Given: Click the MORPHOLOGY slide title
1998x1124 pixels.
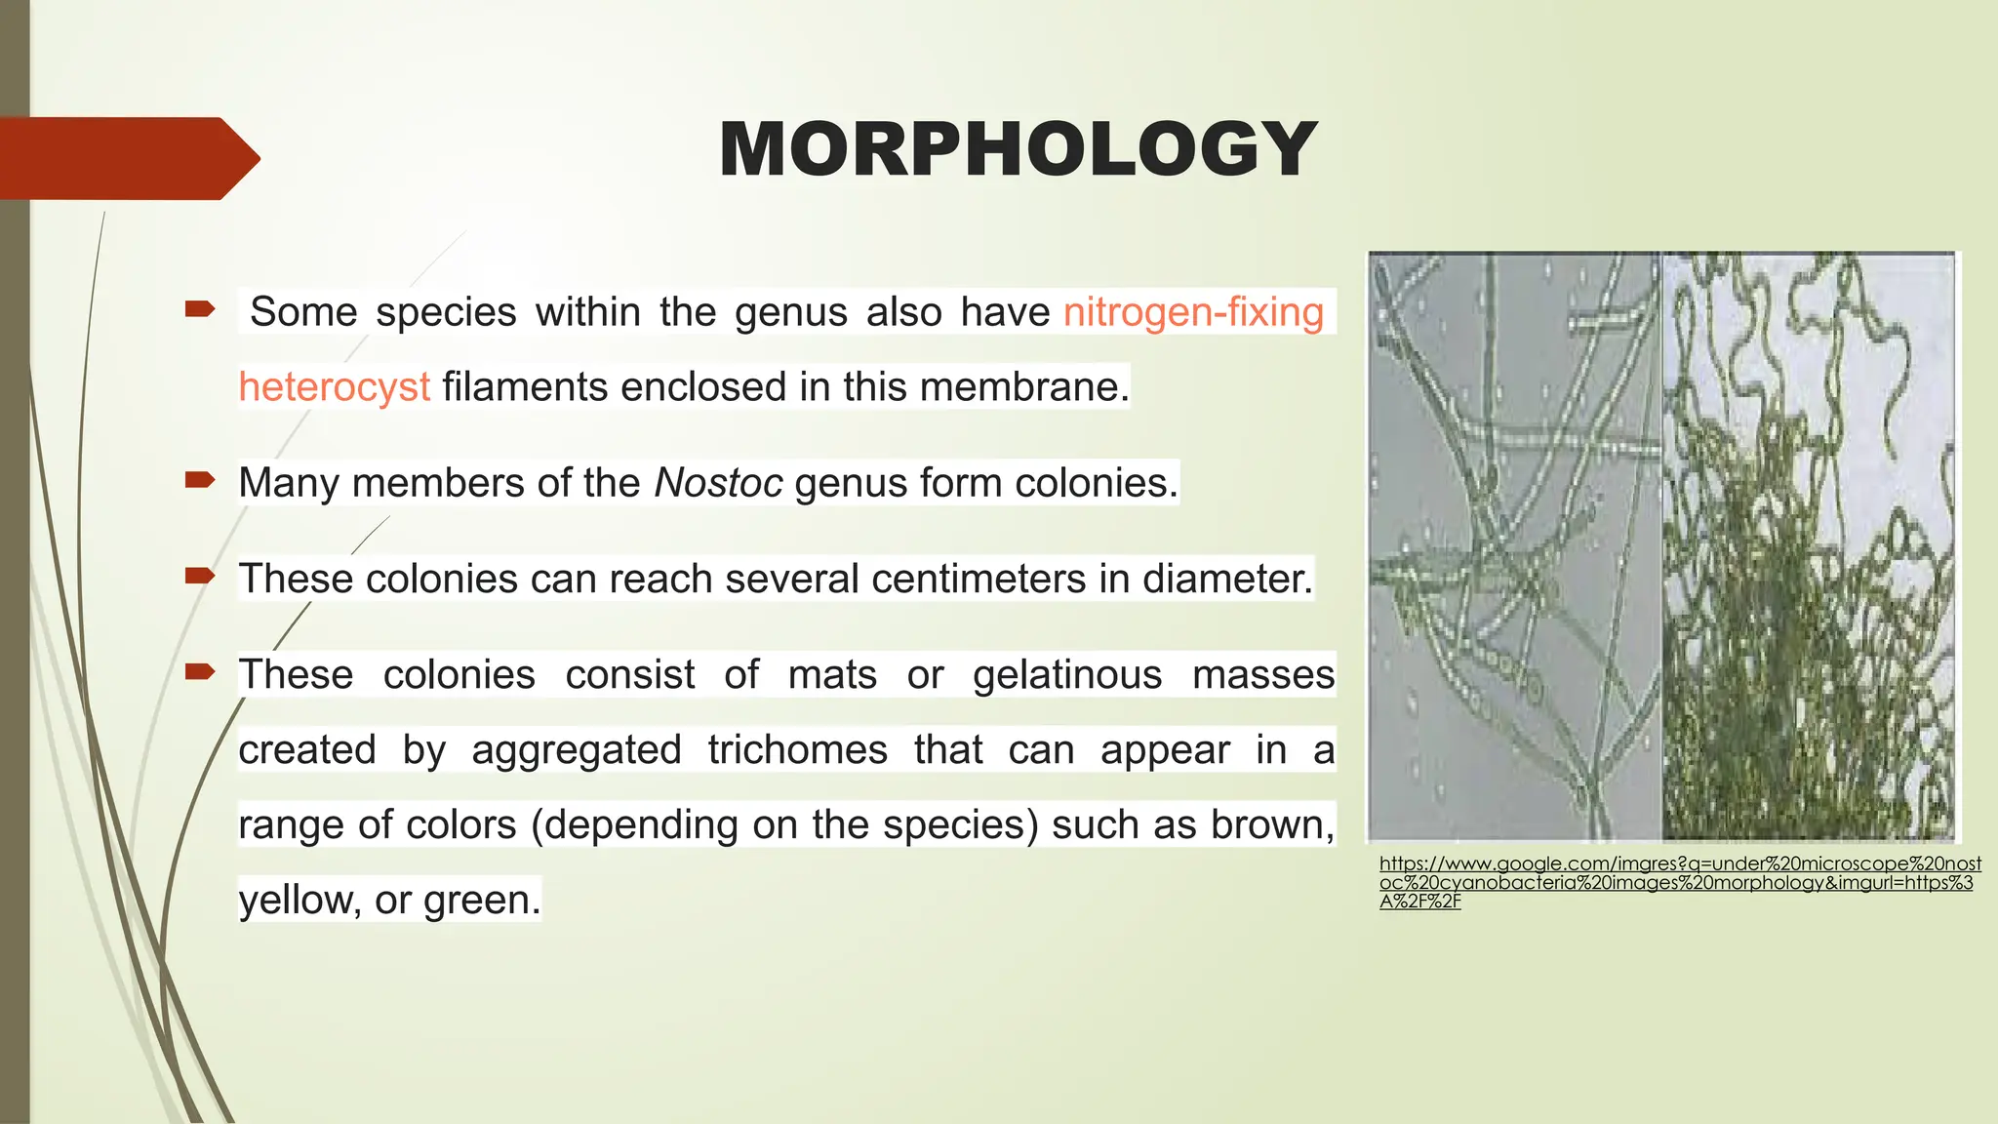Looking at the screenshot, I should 1018,149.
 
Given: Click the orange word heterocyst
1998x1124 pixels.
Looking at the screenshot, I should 334,387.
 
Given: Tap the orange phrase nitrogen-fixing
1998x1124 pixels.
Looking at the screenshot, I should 1193,312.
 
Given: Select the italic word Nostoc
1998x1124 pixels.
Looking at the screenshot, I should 717,483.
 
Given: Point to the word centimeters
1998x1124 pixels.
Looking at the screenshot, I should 979,579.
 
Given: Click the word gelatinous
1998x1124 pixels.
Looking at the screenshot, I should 1067,674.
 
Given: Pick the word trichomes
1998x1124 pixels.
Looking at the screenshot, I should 797,749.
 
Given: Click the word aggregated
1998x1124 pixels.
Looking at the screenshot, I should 576,750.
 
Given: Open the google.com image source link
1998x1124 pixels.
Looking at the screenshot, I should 1678,882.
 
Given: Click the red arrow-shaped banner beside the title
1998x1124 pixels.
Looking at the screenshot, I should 127,158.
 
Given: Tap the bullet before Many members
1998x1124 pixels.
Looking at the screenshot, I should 200,479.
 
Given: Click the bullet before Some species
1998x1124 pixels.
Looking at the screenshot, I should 200,310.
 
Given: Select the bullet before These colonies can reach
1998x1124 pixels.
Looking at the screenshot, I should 200,575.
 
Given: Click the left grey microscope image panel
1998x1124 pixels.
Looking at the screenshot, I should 1514,546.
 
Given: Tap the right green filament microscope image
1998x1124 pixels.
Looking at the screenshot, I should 1808,546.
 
